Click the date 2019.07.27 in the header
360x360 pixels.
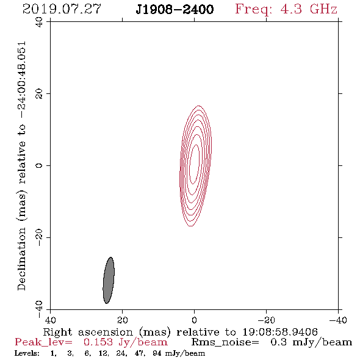[x=62, y=9]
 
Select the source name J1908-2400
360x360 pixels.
[x=175, y=10]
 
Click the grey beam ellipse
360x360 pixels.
[x=109, y=280]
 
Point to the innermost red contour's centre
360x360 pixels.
[x=194, y=164]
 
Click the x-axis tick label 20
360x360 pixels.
[x=122, y=320]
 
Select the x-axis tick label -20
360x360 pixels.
[x=266, y=320]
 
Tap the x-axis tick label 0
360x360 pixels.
[x=194, y=320]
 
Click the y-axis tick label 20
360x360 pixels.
[x=39, y=94]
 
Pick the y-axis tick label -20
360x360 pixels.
[x=39, y=238]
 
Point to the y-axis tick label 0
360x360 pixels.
[x=39, y=165]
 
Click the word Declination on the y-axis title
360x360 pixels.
[x=21, y=259]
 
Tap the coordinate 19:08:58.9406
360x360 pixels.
[x=280, y=332]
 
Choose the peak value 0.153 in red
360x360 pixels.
[x=98, y=342]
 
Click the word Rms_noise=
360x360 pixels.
[x=225, y=342]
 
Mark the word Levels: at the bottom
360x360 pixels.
[x=27, y=353]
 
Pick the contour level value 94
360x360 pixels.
[x=157, y=353]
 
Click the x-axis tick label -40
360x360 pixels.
[x=338, y=320]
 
